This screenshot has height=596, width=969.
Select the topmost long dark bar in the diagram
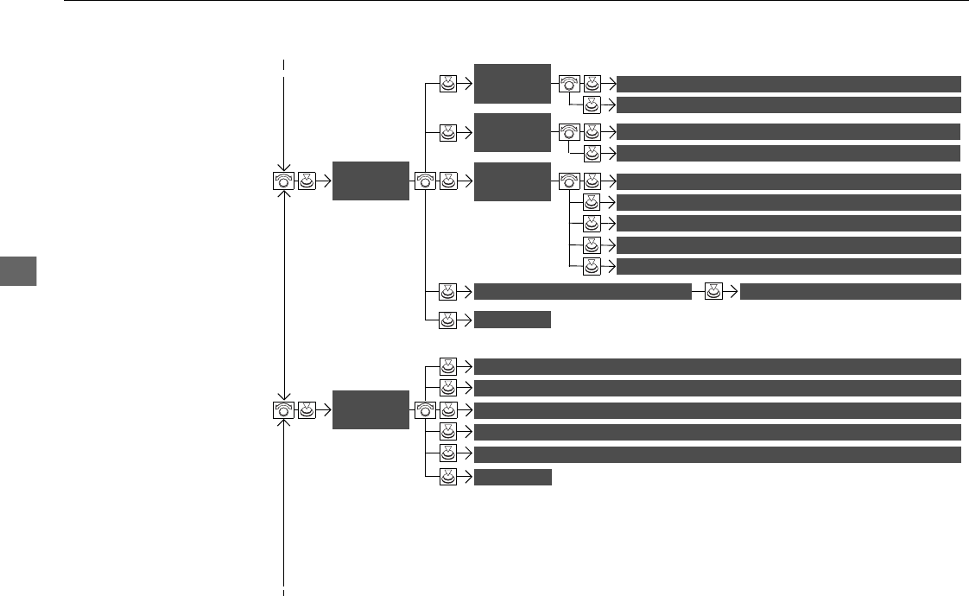pos(788,84)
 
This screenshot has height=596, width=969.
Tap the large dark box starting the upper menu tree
pos(370,181)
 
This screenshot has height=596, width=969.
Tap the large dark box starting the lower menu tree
pos(370,409)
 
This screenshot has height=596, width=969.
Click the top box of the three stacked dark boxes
pos(512,84)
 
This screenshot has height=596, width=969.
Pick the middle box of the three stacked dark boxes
pos(512,132)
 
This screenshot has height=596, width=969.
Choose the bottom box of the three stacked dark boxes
pos(512,181)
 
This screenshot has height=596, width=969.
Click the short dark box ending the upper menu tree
pos(512,320)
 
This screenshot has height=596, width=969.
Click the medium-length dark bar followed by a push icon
pos(583,291)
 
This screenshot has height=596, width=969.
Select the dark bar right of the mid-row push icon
pos(851,291)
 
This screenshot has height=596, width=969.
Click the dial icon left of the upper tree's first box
pos(283,181)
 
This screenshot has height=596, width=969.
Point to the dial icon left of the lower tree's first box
pos(283,409)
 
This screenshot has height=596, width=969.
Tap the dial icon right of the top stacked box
pos(568,84)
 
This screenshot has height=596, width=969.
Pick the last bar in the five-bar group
pos(788,266)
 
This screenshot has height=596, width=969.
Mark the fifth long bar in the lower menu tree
pos(718,454)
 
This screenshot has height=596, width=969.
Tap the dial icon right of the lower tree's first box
pos(425,409)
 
